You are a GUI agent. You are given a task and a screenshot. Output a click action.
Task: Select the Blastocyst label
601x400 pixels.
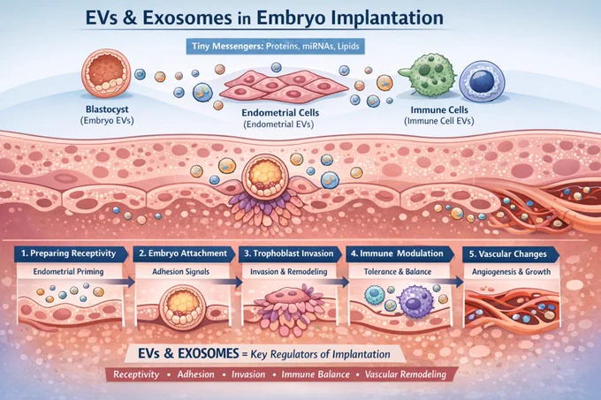pyautogui.click(x=107, y=109)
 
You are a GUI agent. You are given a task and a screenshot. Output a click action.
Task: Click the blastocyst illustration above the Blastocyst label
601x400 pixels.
pyautogui.click(x=106, y=72)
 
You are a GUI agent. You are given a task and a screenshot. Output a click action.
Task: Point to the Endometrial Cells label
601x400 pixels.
pyautogui.click(x=280, y=113)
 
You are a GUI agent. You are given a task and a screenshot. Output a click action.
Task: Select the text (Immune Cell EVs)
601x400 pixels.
pyautogui.click(x=439, y=121)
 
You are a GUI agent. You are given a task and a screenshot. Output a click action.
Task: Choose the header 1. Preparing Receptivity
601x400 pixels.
pyautogui.click(x=69, y=253)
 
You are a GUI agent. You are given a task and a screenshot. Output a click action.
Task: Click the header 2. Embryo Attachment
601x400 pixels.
pyautogui.click(x=183, y=253)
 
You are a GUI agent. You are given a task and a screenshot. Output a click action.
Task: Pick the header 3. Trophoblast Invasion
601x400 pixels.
pyautogui.click(x=289, y=253)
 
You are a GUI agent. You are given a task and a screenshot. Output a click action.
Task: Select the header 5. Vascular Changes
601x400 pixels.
pyautogui.click(x=508, y=254)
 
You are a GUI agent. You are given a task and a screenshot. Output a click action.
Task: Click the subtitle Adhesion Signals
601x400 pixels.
pyautogui.click(x=181, y=272)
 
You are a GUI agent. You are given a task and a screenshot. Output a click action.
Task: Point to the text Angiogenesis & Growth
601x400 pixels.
pyautogui.click(x=512, y=272)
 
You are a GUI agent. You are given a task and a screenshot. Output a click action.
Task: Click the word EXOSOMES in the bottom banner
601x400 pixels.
pyautogui.click(x=208, y=353)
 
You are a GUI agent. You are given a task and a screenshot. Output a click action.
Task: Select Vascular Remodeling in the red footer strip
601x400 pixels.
pyautogui.click(x=406, y=374)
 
